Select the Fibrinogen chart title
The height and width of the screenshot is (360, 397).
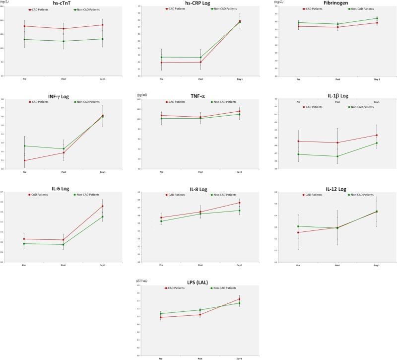(x=337, y=3)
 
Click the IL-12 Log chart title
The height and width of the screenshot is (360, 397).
(x=337, y=189)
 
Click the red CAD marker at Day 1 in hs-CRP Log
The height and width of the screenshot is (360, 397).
(x=240, y=21)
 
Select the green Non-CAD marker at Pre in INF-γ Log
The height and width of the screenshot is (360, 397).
(x=24, y=146)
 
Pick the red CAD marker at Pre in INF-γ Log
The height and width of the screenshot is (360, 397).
(x=24, y=160)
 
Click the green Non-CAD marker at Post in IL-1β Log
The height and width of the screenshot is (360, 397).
(x=337, y=156)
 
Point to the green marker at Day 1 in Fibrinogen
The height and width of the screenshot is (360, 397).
(x=377, y=18)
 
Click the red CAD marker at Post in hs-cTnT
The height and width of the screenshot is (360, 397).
(x=64, y=29)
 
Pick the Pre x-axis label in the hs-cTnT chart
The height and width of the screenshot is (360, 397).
(x=24, y=79)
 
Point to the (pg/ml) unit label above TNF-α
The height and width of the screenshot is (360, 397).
(x=143, y=95)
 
